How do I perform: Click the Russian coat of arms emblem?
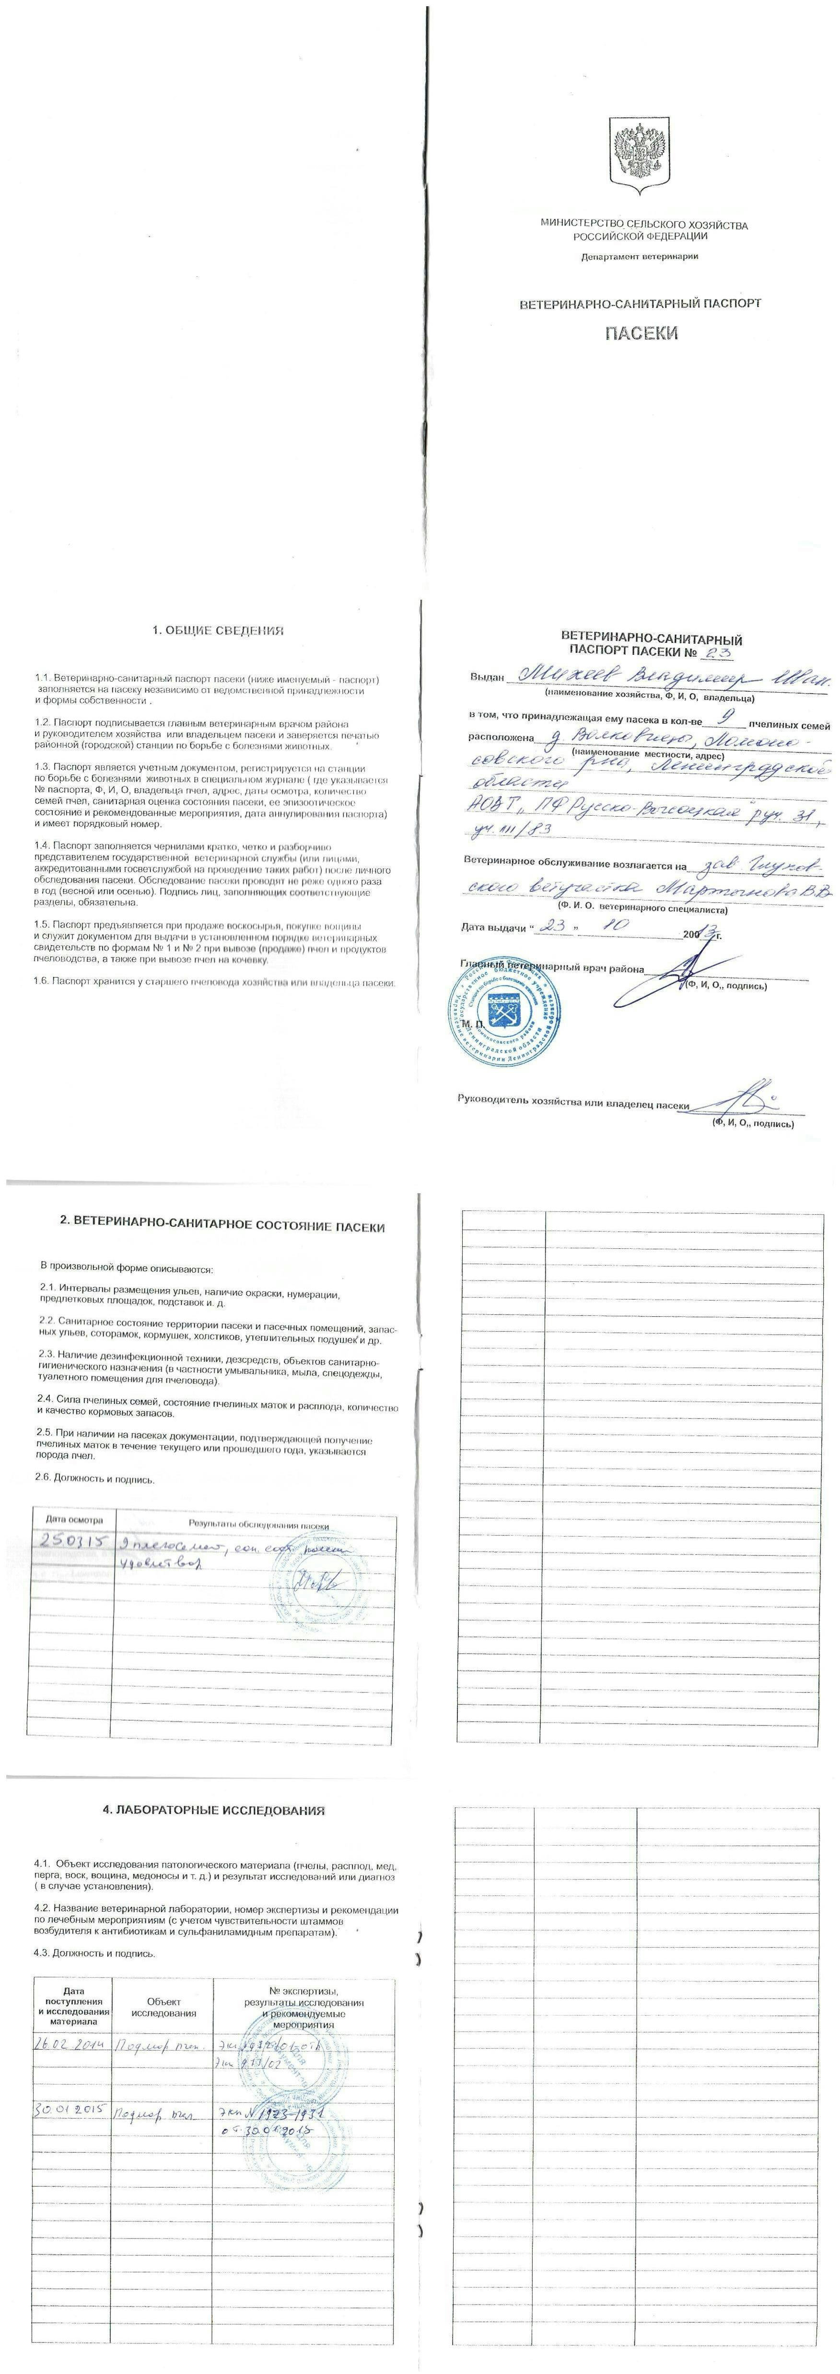pos(639,159)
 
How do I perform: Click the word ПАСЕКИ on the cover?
pos(641,333)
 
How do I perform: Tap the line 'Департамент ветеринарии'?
pos(639,255)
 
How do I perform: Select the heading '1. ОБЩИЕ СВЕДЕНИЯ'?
pos(218,631)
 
